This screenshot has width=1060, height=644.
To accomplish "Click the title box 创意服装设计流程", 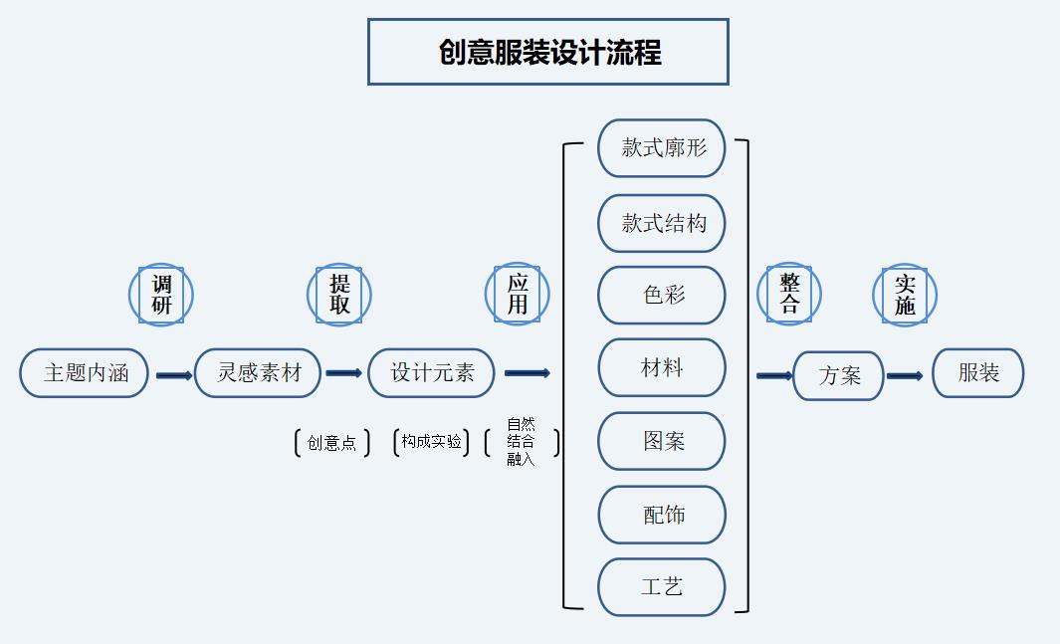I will [547, 52].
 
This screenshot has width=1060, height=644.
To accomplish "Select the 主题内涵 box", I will [85, 373].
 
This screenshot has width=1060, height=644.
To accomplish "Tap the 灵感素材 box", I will [259, 373].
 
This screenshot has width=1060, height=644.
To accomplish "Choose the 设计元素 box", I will [432, 373].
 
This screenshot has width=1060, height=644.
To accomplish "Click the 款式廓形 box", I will [662, 148].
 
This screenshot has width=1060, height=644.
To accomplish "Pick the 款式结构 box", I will [662, 223].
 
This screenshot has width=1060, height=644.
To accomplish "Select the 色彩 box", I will [662, 295].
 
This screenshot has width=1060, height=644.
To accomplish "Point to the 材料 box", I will [662, 368].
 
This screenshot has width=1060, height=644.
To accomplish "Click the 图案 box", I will [662, 441].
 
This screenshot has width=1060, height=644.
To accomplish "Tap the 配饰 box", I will [662, 515].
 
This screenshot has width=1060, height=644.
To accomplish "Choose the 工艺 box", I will [662, 587].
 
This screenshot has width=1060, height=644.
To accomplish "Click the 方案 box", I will [838, 375].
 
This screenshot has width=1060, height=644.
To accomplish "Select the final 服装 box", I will [977, 373].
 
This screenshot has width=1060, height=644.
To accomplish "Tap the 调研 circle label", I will [160, 295].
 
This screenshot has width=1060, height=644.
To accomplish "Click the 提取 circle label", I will [338, 295].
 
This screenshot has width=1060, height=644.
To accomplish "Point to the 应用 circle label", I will [518, 295].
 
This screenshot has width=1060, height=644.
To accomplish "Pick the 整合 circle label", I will [789, 295].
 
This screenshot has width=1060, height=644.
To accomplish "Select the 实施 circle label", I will [904, 295].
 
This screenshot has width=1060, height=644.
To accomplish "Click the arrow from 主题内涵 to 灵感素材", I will [173, 375].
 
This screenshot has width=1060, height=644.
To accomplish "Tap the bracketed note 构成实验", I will [431, 442].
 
